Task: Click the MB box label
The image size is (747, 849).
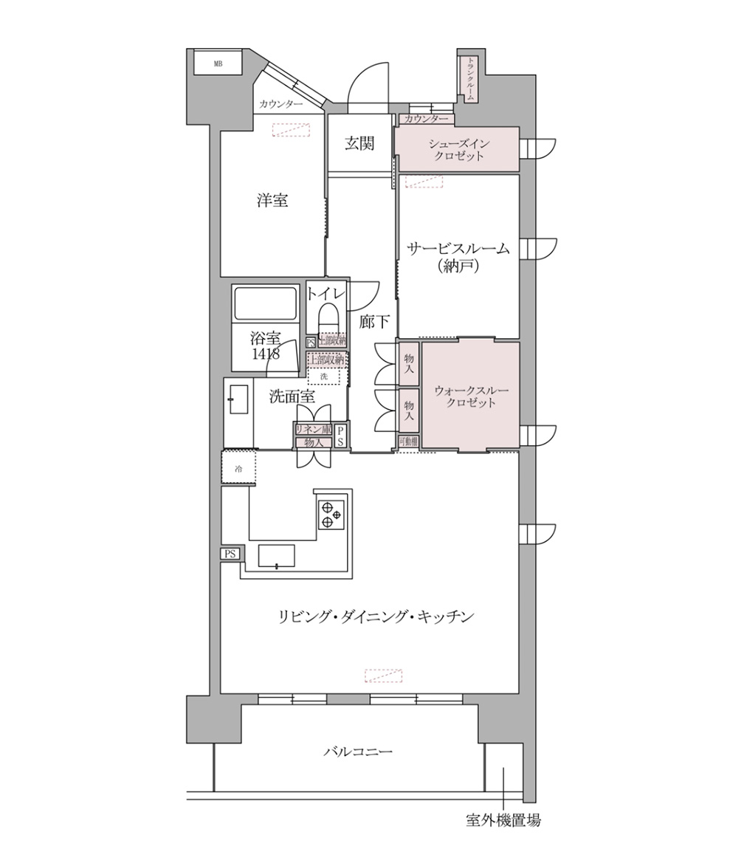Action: tap(218, 63)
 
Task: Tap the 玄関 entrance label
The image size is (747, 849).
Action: tap(359, 143)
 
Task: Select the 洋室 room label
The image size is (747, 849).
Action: tap(272, 200)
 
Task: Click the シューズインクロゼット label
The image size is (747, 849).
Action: tap(458, 150)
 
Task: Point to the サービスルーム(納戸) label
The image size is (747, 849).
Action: tap(458, 257)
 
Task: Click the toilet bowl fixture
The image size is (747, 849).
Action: tap(327, 320)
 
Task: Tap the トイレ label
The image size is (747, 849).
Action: tap(326, 293)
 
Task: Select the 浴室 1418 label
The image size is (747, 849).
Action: tap(264, 346)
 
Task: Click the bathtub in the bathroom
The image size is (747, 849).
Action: tap(265, 303)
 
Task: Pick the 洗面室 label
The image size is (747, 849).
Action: tap(292, 396)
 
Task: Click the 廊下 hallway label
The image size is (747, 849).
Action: tap(375, 322)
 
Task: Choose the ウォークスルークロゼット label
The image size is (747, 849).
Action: tap(471, 396)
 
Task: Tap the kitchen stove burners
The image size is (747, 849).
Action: tap(331, 515)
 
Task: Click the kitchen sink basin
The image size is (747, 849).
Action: tap(276, 556)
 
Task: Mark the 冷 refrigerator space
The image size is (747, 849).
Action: tap(238, 468)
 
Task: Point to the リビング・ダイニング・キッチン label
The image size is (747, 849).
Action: tap(375, 616)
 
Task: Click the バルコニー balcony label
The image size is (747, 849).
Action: tap(358, 752)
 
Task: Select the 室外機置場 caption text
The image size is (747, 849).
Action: tap(503, 820)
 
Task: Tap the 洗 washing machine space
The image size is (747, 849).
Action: tap(324, 376)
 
